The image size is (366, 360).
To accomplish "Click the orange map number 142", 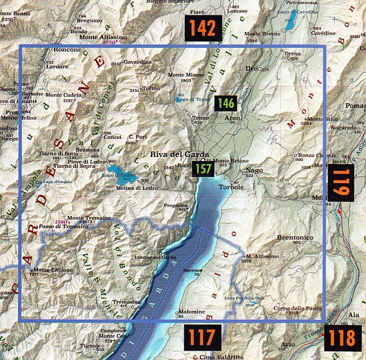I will point(202,28).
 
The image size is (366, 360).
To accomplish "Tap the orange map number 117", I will point(202,337).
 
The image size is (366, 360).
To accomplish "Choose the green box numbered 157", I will point(203,170).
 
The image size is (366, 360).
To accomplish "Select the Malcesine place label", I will point(191,311).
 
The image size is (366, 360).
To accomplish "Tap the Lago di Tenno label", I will point(188,100).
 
